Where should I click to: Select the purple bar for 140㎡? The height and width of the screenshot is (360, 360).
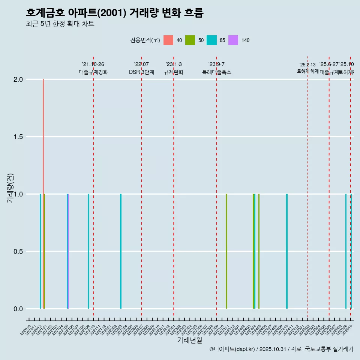[69, 251]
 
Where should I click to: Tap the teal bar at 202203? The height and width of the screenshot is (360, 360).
[121, 251]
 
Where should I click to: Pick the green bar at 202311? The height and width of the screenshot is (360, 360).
[226, 251]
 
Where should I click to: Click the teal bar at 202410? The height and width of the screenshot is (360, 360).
[287, 251]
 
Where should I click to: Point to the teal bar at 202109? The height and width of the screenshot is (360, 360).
[89, 251]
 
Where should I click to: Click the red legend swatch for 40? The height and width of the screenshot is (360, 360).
[168, 40]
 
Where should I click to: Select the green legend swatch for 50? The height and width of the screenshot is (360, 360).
[190, 40]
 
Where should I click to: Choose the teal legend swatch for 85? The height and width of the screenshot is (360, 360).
[211, 40]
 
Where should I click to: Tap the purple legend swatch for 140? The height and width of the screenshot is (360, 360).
[233, 40]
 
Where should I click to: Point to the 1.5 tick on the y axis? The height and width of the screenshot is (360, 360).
[18, 137]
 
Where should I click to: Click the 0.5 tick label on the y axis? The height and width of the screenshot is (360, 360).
[18, 252]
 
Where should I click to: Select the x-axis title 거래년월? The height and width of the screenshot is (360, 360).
[189, 340]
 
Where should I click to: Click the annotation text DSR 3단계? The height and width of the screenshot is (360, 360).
[141, 72]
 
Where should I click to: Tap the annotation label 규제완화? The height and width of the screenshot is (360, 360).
[173, 72]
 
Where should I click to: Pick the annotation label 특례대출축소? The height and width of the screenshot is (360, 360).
[216, 72]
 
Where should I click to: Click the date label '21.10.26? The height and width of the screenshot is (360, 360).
[93, 64]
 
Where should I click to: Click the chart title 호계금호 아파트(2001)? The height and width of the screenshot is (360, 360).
[114, 13]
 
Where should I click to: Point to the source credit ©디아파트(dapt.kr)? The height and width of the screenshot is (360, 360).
[232, 349]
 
